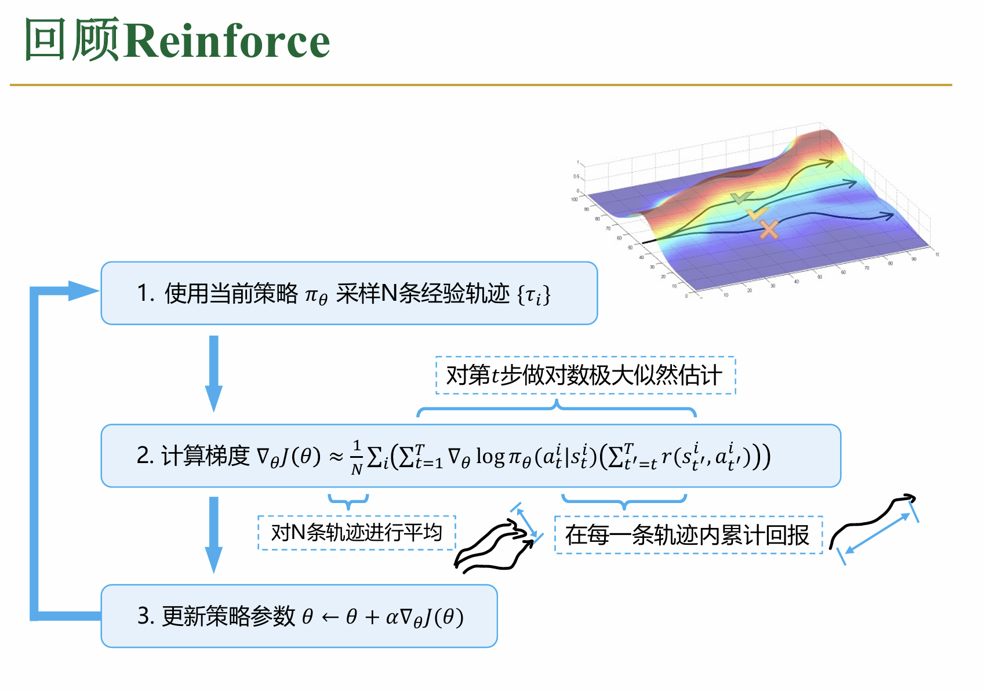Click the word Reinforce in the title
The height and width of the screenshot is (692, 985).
coord(227,41)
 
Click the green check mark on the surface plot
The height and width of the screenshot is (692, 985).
coord(742,198)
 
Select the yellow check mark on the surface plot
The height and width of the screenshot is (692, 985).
coord(757,214)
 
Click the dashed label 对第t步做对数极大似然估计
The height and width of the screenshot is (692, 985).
coord(586,375)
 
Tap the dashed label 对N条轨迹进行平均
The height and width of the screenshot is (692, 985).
coord(357,533)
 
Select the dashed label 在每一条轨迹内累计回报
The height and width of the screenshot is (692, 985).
coord(688,535)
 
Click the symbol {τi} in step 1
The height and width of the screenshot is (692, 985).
coord(534,295)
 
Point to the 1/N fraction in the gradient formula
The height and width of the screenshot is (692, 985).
coord(357,458)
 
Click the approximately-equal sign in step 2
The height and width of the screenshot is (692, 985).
coord(336,457)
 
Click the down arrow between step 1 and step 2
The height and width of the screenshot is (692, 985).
coord(214,374)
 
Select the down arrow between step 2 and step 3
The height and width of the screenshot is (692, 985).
coord(214,535)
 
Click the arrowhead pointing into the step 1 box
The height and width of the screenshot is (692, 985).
coord(83,290)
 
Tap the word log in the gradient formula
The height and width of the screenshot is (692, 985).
coord(490,457)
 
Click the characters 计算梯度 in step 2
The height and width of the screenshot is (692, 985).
coord(205,456)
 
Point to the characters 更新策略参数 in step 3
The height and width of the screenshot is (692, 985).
coord(228,617)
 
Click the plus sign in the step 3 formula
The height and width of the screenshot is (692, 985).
coord(372,617)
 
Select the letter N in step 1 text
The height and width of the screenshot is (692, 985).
coord(390,293)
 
